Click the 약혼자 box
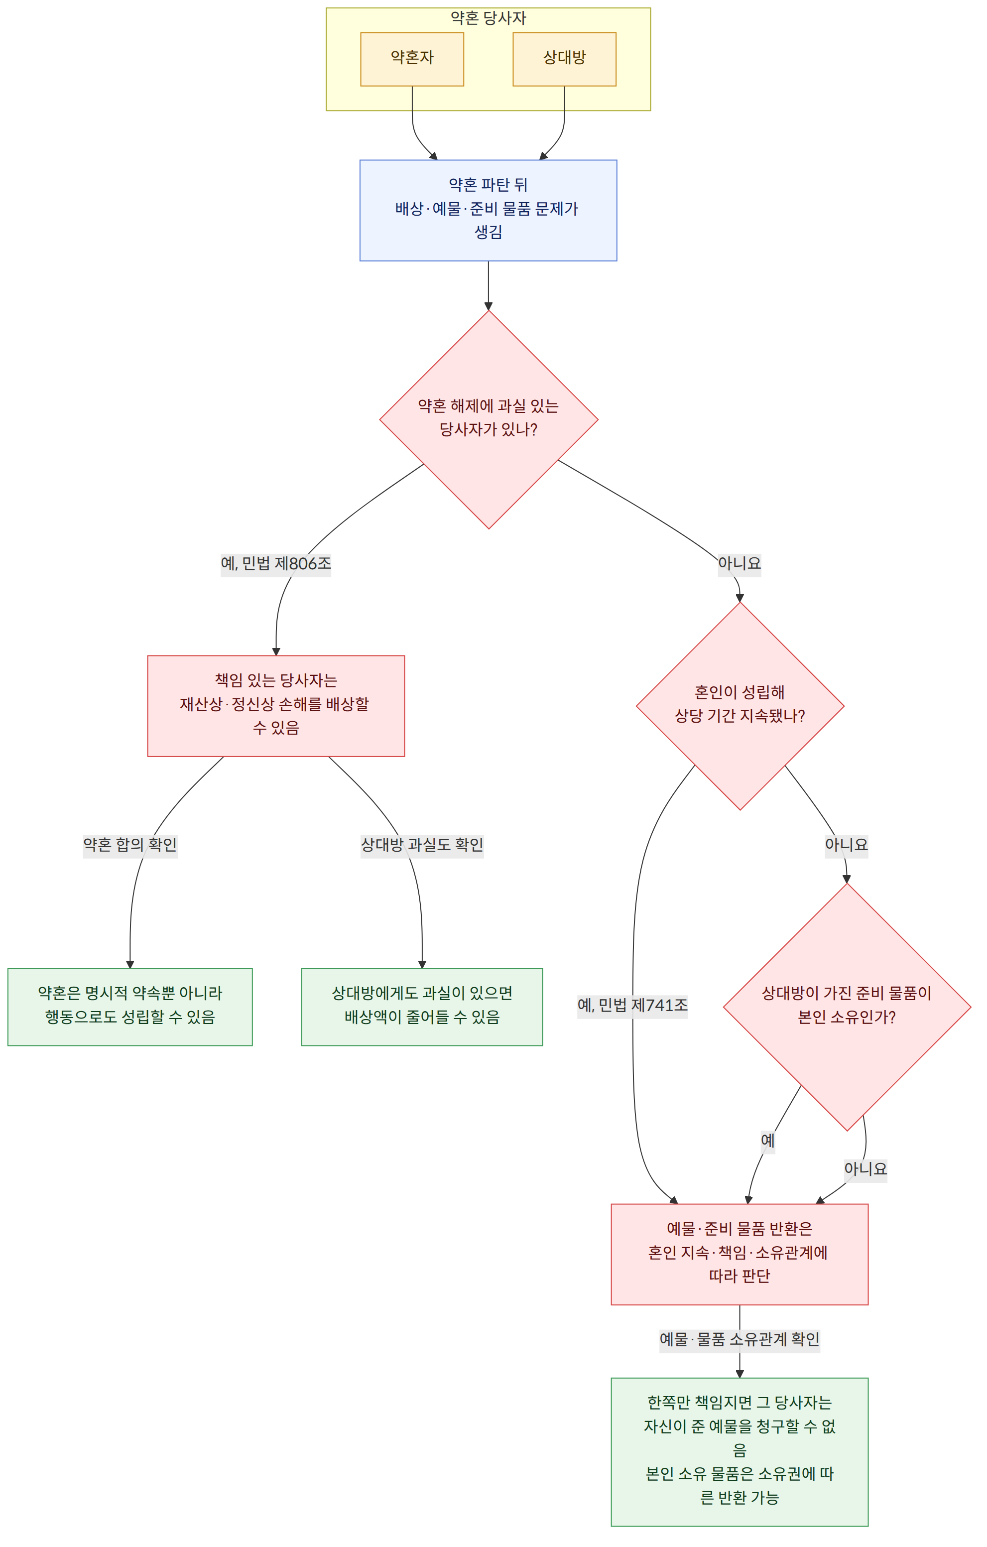pyautogui.click(x=412, y=59)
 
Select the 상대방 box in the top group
pyautogui.click(x=564, y=59)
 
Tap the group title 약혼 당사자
pyautogui.click(x=488, y=18)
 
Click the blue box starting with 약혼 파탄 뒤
pyautogui.click(x=488, y=210)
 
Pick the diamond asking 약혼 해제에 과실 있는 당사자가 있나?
pyautogui.click(x=489, y=419)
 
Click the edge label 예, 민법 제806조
pyautogui.click(x=276, y=563)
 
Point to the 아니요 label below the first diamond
pyautogui.click(x=739, y=563)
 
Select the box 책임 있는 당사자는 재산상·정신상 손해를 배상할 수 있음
pyautogui.click(x=276, y=706)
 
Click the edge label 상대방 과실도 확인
pyautogui.click(x=422, y=844)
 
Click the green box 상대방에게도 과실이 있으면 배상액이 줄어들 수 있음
pyautogui.click(x=422, y=1007)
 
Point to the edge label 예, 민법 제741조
pyautogui.click(x=632, y=1005)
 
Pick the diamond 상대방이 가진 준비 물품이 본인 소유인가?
pyautogui.click(x=847, y=1007)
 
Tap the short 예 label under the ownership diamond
pyautogui.click(x=767, y=1141)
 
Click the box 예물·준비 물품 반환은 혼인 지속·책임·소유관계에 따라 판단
pyautogui.click(x=740, y=1254)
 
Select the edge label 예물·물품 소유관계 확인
pyautogui.click(x=740, y=1339)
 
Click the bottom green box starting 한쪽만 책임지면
pyautogui.click(x=740, y=1451)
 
